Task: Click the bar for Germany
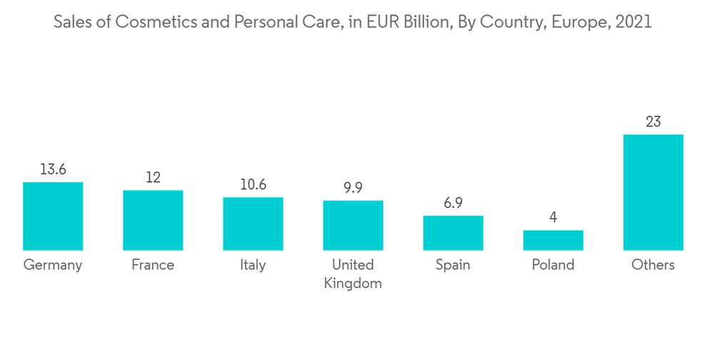53,216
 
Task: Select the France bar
153,220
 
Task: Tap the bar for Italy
253,224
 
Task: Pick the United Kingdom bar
353,225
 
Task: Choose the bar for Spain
453,233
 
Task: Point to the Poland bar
553,240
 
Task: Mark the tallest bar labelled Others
653,192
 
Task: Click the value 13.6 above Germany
53,169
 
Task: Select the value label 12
153,177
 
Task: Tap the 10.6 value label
253,184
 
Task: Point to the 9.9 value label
353,188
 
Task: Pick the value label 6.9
453,203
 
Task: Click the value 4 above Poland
553,217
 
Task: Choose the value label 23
653,122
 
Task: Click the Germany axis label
53,265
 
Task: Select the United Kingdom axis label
353,274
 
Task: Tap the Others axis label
653,265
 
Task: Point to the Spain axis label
453,265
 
